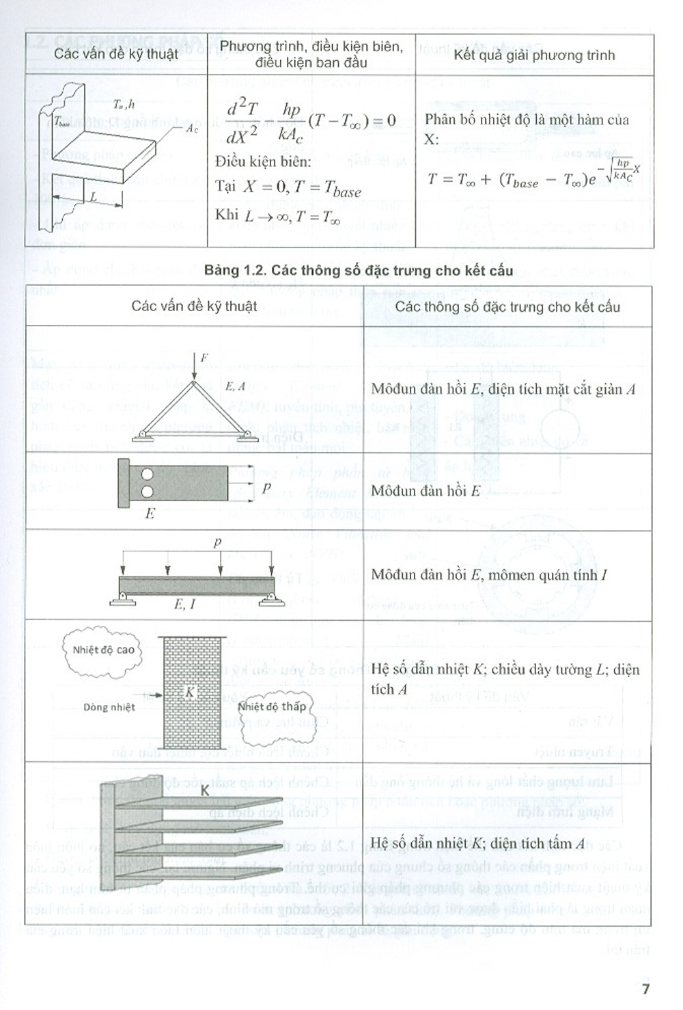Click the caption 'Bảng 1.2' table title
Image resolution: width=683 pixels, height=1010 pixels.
tap(358, 270)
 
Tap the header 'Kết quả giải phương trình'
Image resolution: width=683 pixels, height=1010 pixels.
tap(534, 55)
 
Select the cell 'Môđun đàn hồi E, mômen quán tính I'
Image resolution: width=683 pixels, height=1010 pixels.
tap(489, 574)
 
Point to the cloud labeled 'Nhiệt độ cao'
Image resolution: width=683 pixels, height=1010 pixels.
tap(104, 650)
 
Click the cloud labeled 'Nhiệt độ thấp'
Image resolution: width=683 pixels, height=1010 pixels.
tap(272, 707)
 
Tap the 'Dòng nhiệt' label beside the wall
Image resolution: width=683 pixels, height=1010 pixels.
tap(109, 707)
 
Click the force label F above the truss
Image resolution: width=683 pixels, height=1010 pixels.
tap(204, 357)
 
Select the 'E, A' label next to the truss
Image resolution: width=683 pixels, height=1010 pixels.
tap(235, 386)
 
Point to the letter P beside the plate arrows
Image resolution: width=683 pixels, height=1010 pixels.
tap(266, 488)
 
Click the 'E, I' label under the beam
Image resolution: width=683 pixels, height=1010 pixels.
tap(184, 604)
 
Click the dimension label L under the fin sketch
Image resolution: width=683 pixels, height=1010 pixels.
tap(94, 197)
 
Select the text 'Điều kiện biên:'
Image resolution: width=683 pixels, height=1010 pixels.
tap(263, 162)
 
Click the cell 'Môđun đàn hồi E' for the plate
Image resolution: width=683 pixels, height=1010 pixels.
tap(426, 490)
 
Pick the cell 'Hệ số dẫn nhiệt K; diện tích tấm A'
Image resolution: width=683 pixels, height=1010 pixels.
tap(477, 843)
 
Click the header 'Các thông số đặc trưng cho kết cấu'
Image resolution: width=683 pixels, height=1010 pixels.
tap(507, 306)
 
